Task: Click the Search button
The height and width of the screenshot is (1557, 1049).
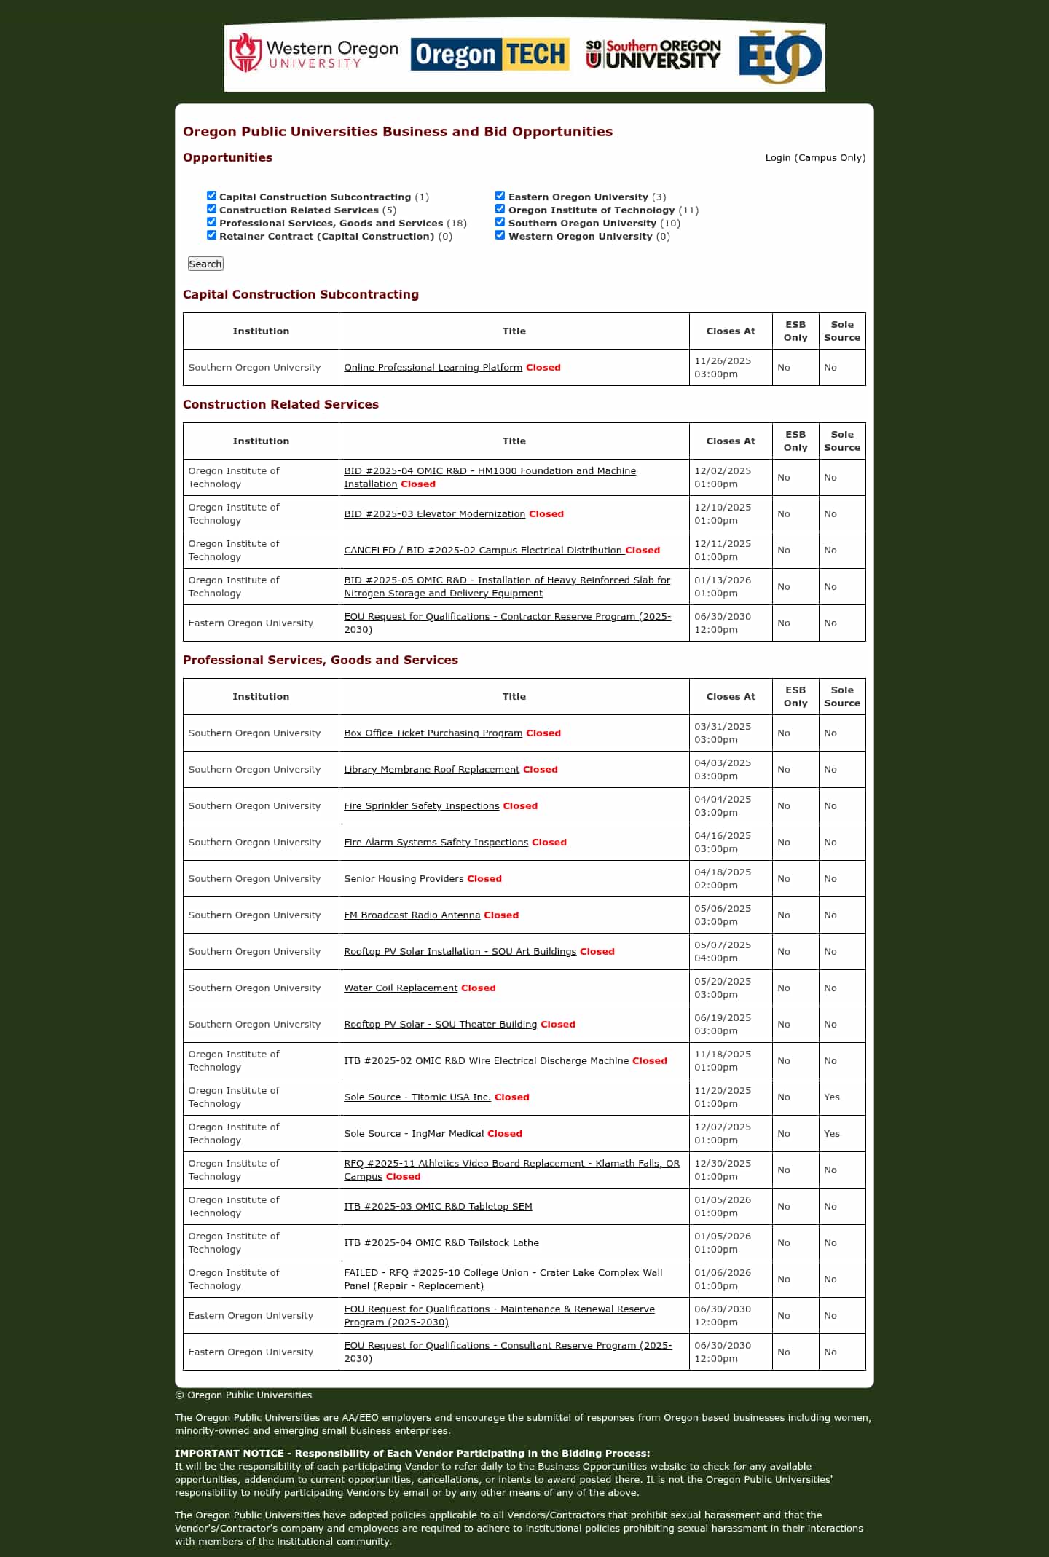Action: point(205,264)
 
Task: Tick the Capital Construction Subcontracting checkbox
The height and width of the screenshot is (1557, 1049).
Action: point(212,196)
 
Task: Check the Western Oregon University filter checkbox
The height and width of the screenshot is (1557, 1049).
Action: point(500,235)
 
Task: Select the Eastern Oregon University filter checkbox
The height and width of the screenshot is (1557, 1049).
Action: point(500,196)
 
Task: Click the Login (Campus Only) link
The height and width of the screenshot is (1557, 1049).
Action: point(815,157)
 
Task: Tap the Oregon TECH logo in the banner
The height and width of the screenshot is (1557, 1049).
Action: point(490,55)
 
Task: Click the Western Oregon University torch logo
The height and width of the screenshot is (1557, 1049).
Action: point(245,53)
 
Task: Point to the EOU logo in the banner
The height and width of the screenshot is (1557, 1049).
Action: point(779,56)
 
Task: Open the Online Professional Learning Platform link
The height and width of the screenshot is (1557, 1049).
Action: point(433,367)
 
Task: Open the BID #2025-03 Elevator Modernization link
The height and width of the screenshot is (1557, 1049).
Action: point(434,513)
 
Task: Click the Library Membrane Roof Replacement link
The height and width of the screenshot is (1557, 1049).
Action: point(431,769)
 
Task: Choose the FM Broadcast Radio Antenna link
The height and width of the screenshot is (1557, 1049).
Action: point(412,915)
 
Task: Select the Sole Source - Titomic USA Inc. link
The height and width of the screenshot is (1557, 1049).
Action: point(417,1097)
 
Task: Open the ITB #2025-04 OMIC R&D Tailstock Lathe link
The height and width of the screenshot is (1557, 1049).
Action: point(441,1242)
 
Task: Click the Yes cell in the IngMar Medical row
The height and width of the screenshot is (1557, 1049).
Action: point(832,1133)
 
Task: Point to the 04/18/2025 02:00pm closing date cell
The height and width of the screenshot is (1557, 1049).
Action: point(722,878)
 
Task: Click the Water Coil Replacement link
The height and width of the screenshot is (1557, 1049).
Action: point(401,988)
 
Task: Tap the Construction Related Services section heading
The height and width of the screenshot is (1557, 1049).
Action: point(280,404)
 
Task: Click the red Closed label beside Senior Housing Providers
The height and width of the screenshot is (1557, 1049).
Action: point(484,878)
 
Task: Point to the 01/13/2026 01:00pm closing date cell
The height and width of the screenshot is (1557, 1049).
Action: point(722,586)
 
